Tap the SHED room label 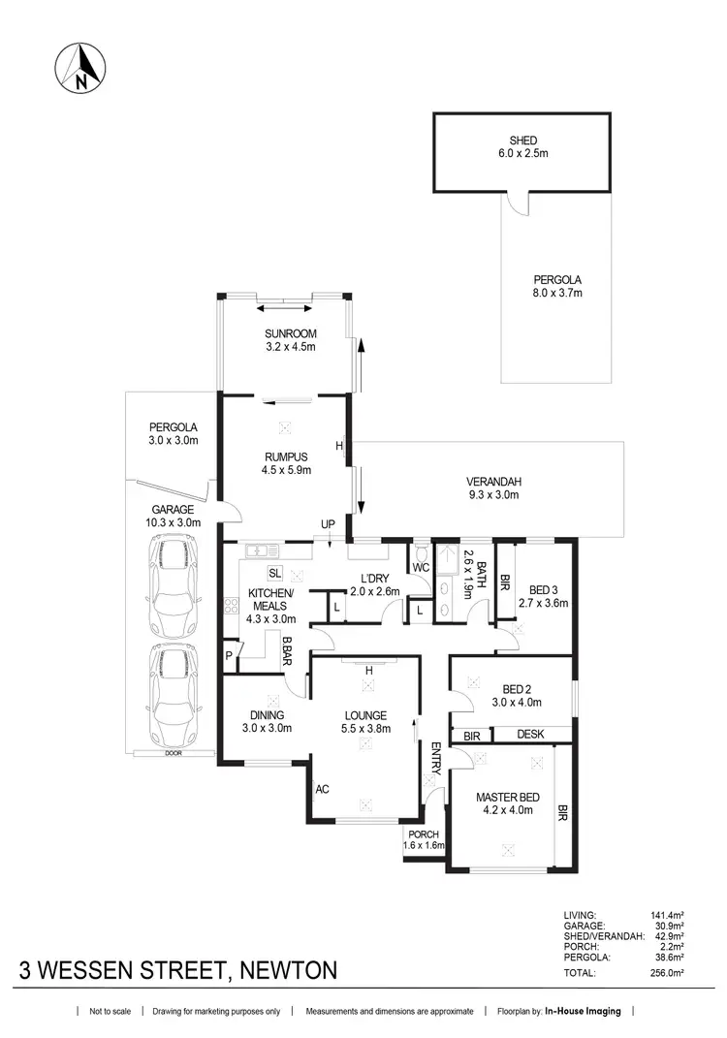tap(522, 141)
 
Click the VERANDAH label tap(493, 482)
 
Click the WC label tap(421, 566)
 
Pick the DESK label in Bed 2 tap(529, 736)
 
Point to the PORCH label tap(424, 834)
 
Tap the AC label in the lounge tap(322, 790)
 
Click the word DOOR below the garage tap(173, 753)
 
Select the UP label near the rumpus tap(328, 524)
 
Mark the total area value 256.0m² tap(671, 972)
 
